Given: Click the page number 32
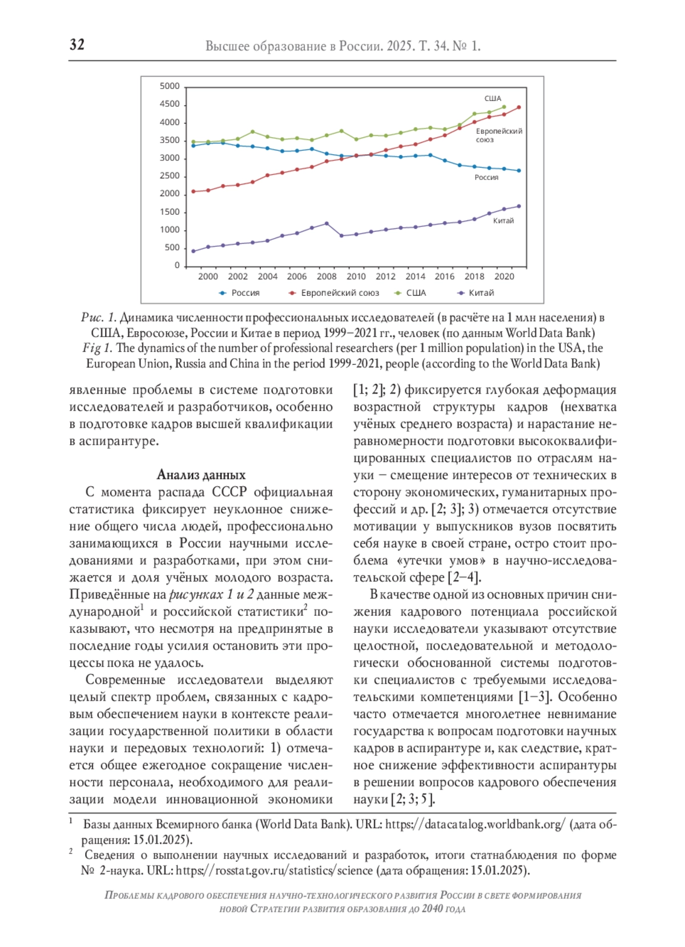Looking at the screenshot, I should pyautogui.click(x=77, y=45).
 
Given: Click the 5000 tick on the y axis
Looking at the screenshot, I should pyautogui.click(x=170, y=86).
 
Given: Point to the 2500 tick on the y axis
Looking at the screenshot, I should pyautogui.click(x=170, y=176).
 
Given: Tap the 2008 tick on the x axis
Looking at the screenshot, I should pyautogui.click(x=327, y=276).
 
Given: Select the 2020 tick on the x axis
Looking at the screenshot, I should pyautogui.click(x=504, y=276).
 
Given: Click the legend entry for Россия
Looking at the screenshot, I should pyautogui.click(x=240, y=293).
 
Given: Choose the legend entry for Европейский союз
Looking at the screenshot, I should pyautogui.click(x=334, y=293).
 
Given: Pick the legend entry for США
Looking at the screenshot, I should pyautogui.click(x=411, y=293).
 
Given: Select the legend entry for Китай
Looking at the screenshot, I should pyautogui.click(x=477, y=293).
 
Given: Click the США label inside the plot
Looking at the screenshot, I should pyautogui.click(x=493, y=99).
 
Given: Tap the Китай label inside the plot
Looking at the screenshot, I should pyautogui.click(x=503, y=221).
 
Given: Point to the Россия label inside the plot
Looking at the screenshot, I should pyautogui.click(x=486, y=178).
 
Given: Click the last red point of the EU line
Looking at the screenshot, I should pyautogui.click(x=519, y=107).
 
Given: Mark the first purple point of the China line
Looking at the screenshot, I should pyautogui.click(x=194, y=251).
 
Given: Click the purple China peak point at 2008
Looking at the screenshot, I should pyautogui.click(x=327, y=223).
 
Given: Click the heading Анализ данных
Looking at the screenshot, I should pyautogui.click(x=201, y=475).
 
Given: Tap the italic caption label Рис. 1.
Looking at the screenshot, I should pyautogui.click(x=99, y=318).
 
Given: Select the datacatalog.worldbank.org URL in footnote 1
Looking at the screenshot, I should pyautogui.click(x=475, y=825).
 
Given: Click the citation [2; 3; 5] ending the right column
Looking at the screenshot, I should pyautogui.click(x=413, y=800).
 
